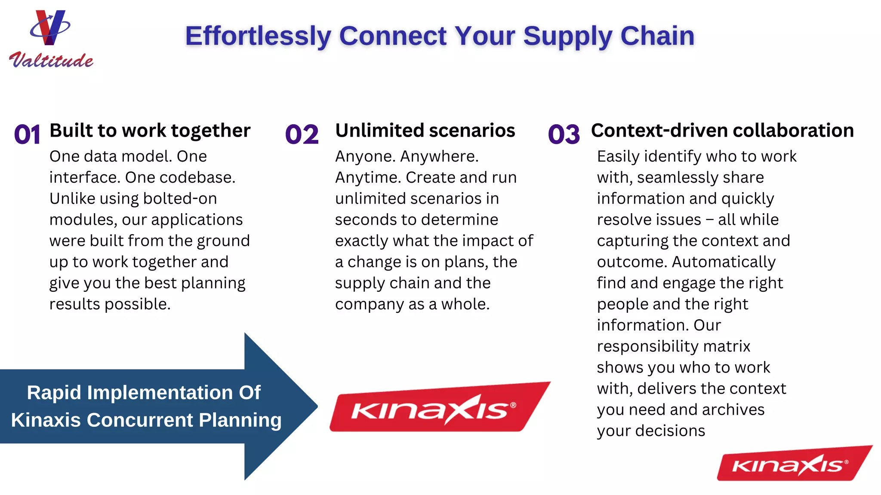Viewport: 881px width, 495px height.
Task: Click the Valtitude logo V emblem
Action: [x=50, y=28]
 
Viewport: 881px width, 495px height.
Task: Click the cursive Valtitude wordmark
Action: [x=51, y=60]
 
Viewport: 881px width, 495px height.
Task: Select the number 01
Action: [x=27, y=135]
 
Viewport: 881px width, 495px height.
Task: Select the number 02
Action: [x=302, y=135]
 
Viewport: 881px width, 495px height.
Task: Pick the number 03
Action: [x=564, y=135]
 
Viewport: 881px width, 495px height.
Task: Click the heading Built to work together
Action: [x=150, y=131]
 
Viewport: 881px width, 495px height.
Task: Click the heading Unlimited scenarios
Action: [x=425, y=131]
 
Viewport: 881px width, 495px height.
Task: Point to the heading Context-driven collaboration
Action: [x=722, y=131]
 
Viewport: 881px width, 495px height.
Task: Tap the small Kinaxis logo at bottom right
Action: [x=794, y=464]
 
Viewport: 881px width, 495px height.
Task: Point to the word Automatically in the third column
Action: [x=724, y=262]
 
